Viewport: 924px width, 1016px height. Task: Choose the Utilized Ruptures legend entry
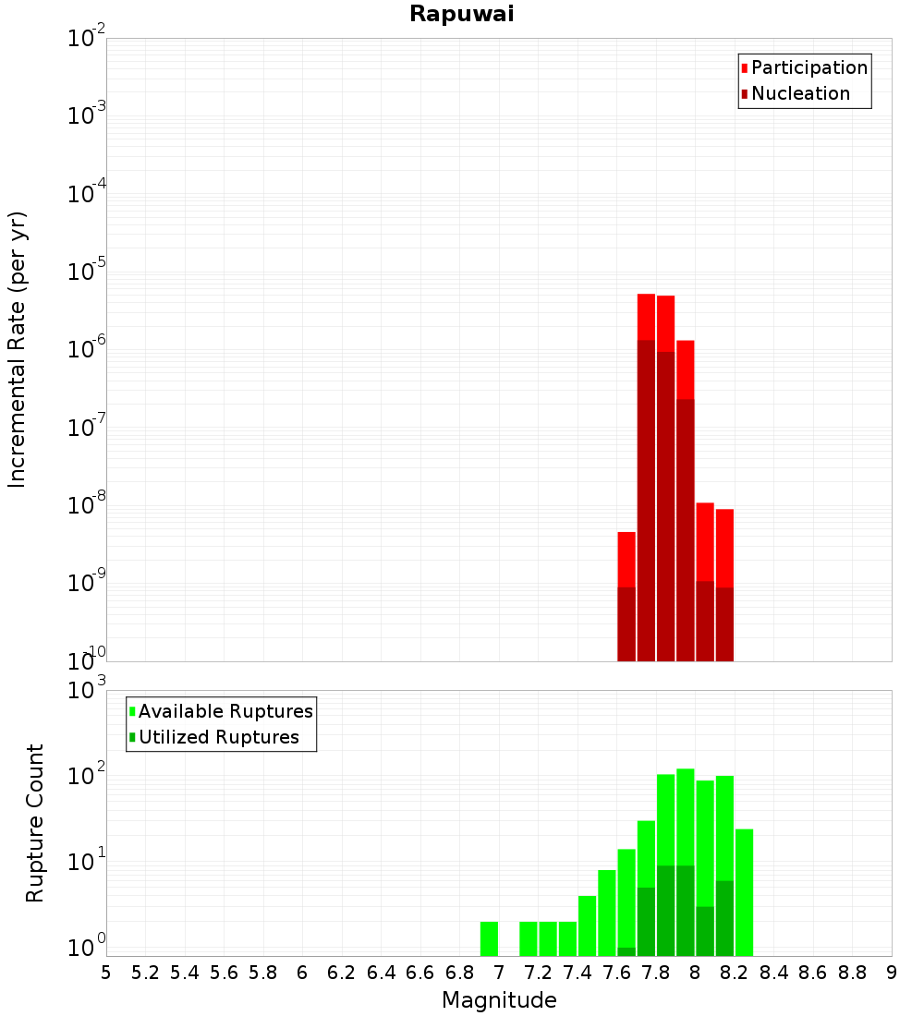[217, 737]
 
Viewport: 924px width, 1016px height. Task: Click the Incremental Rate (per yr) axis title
[18, 349]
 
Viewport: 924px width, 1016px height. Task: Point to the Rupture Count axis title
[35, 822]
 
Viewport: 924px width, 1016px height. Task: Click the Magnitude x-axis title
[499, 1000]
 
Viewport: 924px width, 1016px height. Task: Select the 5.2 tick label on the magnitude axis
[146, 973]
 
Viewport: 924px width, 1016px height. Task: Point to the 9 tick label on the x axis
[892, 973]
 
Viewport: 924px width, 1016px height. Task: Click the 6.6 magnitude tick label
[420, 973]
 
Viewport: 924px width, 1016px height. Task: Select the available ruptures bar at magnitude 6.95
[489, 938]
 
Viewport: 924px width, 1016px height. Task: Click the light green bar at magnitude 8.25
[744, 892]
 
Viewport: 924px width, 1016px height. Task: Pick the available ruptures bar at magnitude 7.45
[587, 925]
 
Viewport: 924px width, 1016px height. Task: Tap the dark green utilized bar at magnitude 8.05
[705, 931]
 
